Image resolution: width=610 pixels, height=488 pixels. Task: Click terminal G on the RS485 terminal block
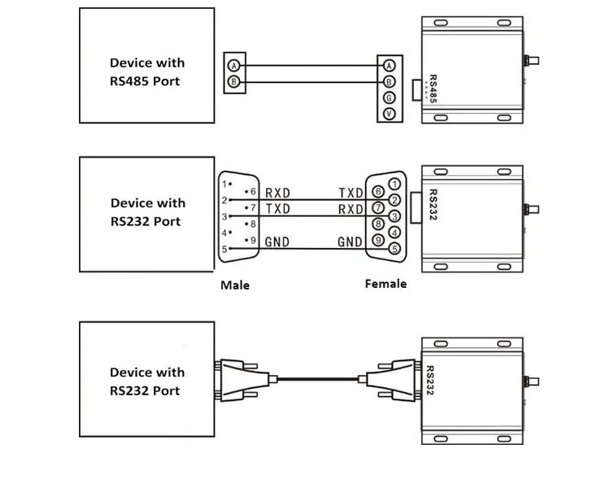pyautogui.click(x=389, y=98)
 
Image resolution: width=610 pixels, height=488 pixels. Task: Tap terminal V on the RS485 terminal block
pyautogui.click(x=389, y=114)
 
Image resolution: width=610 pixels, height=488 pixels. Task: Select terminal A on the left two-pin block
pyautogui.click(x=233, y=65)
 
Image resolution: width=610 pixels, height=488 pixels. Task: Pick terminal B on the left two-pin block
pyautogui.click(x=233, y=81)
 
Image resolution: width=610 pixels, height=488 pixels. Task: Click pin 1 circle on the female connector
pyautogui.click(x=394, y=184)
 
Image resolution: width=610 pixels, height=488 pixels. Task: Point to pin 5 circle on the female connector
pyautogui.click(x=394, y=248)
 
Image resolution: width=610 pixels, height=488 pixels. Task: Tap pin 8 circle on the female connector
pyautogui.click(x=378, y=224)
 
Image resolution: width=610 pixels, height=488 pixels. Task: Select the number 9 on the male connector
pyautogui.click(x=253, y=240)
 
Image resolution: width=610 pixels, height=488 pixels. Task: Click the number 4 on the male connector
pyautogui.click(x=224, y=233)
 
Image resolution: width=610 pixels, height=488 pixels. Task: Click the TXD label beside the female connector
pyautogui.click(x=351, y=193)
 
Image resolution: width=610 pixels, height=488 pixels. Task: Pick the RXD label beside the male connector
pyautogui.click(x=277, y=193)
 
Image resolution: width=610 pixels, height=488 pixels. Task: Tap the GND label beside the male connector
pyautogui.click(x=277, y=242)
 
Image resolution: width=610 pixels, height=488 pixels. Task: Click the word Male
pyautogui.click(x=235, y=285)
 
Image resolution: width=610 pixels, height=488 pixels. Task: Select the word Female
pyautogui.click(x=386, y=284)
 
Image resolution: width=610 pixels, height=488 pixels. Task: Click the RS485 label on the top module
pyautogui.click(x=433, y=89)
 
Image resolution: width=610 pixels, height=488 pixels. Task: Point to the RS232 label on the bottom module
pyautogui.click(x=430, y=380)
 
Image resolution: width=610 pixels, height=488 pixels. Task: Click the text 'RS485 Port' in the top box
pyautogui.click(x=145, y=81)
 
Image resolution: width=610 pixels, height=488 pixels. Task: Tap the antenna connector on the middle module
pyautogui.click(x=531, y=209)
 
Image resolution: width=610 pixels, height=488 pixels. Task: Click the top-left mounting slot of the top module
pyautogui.click(x=441, y=23)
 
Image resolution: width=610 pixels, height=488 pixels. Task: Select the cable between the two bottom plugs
pyautogui.click(x=317, y=379)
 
